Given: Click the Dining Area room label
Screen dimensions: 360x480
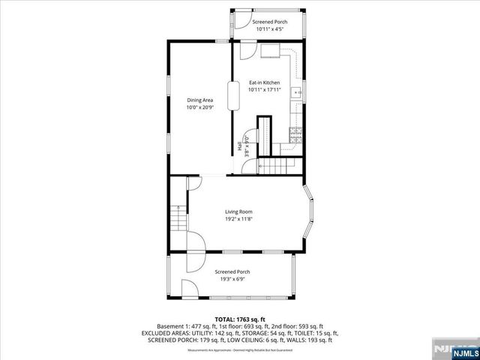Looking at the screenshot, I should (199, 99).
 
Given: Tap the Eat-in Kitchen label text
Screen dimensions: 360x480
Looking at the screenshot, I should (264, 82).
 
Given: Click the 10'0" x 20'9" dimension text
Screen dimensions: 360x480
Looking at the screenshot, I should (199, 107).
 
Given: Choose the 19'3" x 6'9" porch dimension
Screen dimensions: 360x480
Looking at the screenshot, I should (232, 279).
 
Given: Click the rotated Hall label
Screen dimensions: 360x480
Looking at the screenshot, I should (240, 148).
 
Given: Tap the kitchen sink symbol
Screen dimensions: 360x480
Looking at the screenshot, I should (298, 94).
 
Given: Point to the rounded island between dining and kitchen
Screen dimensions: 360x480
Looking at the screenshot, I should (232, 97).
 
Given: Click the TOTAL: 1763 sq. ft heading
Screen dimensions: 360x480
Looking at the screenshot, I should (239, 319).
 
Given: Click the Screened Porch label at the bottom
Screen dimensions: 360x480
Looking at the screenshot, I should (232, 271).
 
